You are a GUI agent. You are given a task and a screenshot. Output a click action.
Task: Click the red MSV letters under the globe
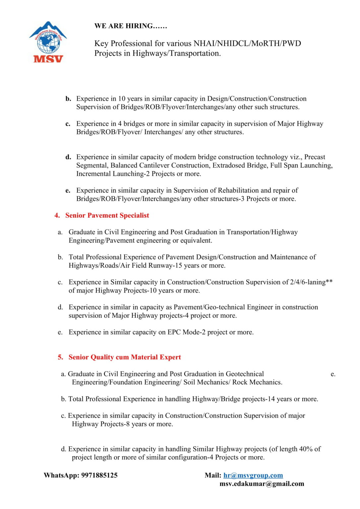[x=48, y=59]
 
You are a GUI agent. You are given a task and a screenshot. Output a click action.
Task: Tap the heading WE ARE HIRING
[x=131, y=26]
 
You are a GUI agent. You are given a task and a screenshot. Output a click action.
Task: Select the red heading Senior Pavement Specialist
[x=107, y=215]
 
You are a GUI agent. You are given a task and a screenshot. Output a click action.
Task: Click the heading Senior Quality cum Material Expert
[x=125, y=357]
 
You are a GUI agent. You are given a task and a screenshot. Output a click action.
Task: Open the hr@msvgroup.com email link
[x=253, y=475]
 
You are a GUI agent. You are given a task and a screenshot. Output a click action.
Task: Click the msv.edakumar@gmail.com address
[x=262, y=484]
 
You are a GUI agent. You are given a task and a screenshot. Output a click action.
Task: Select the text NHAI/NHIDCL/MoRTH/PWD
[x=247, y=43]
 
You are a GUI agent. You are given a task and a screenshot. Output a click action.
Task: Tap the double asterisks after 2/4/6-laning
[x=329, y=282]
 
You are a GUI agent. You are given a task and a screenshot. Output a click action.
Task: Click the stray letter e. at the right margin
[x=333, y=374]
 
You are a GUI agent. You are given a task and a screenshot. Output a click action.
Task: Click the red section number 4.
[x=57, y=215]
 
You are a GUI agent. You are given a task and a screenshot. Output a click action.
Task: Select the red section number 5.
[x=60, y=357]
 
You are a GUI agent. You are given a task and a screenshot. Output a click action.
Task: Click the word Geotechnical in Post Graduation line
[x=245, y=374]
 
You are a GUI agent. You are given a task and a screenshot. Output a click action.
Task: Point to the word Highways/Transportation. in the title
[x=177, y=53]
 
